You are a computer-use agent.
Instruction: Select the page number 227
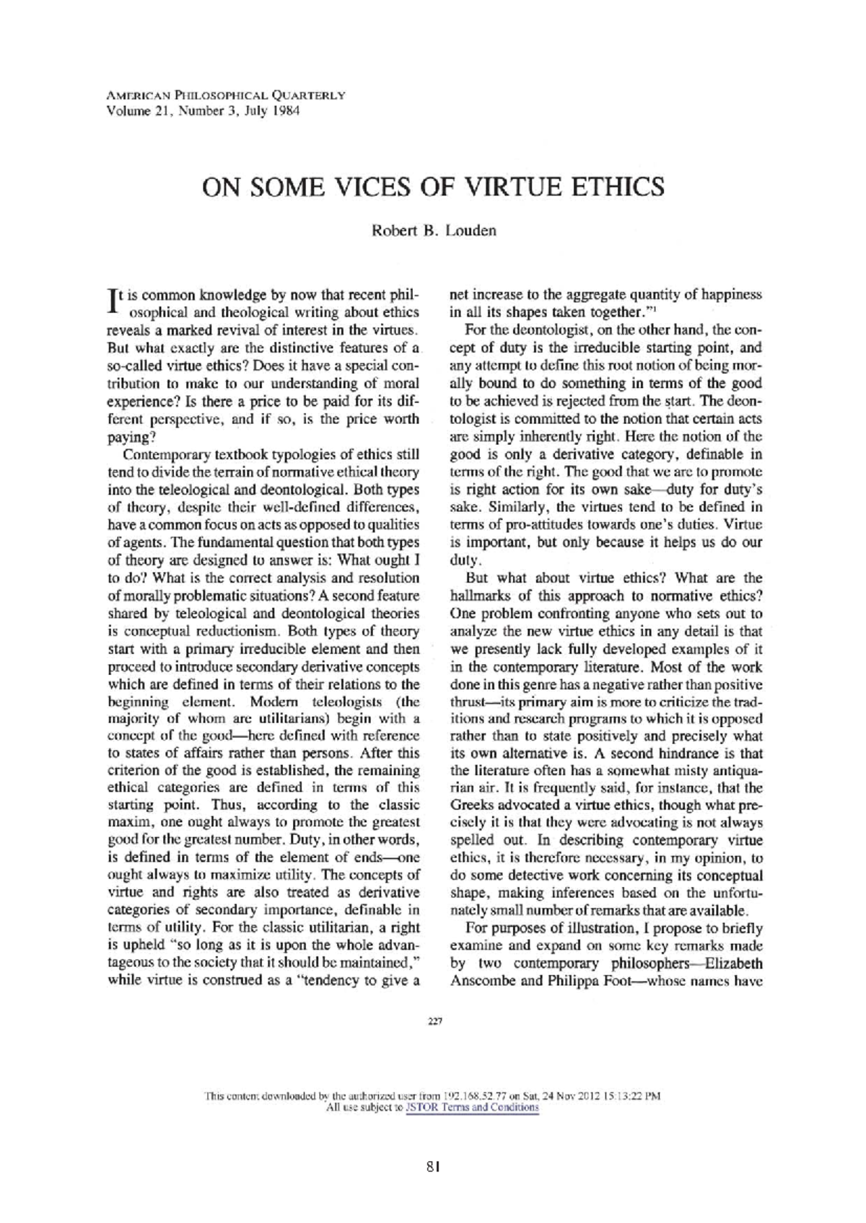434,1021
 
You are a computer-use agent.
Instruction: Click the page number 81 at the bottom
433,1165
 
